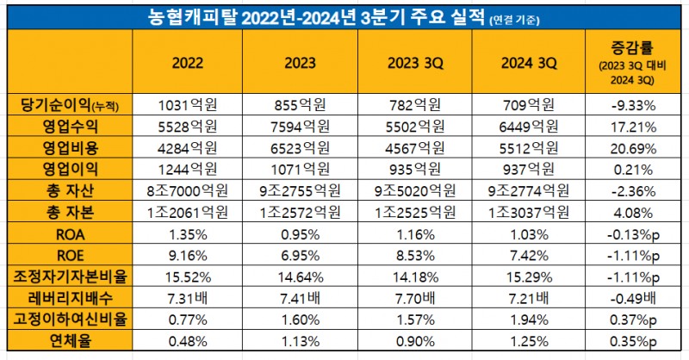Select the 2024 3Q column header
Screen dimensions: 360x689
click(531, 63)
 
